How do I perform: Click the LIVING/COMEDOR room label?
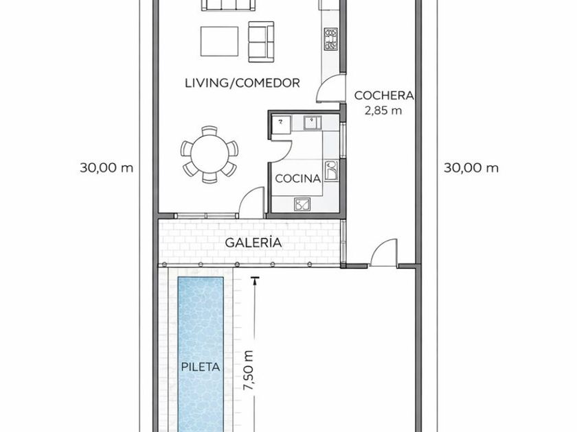[242, 83]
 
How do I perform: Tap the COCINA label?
[297, 178]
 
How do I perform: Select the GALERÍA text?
[253, 243]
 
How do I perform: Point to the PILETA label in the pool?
[201, 367]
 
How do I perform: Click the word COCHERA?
[384, 95]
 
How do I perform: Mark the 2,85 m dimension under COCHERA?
[383, 110]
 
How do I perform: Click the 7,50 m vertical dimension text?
[248, 371]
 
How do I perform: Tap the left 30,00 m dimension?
[106, 168]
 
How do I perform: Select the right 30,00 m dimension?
[471, 168]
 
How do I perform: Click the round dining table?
[210, 154]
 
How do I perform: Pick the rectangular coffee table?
[219, 40]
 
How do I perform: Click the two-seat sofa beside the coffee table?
[261, 42]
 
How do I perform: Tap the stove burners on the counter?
[331, 39]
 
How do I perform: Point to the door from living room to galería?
[251, 203]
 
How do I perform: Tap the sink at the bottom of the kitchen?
[302, 204]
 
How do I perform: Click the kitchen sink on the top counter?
[313, 122]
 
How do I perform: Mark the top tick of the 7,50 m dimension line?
[253, 277]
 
